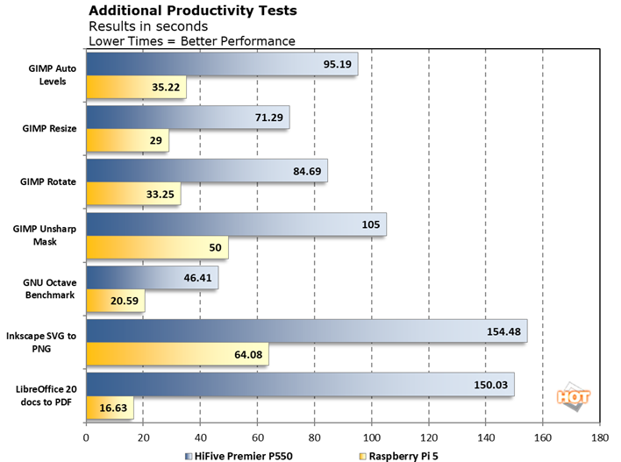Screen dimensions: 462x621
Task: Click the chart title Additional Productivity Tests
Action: [193, 11]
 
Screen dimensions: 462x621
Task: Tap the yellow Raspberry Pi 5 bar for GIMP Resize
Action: [127, 140]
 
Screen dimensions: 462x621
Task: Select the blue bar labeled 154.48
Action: [307, 331]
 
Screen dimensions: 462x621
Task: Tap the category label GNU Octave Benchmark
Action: [49, 289]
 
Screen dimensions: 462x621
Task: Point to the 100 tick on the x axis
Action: [372, 436]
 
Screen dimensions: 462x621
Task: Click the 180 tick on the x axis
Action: [600, 436]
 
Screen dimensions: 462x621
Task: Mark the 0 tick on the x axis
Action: [86, 436]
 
